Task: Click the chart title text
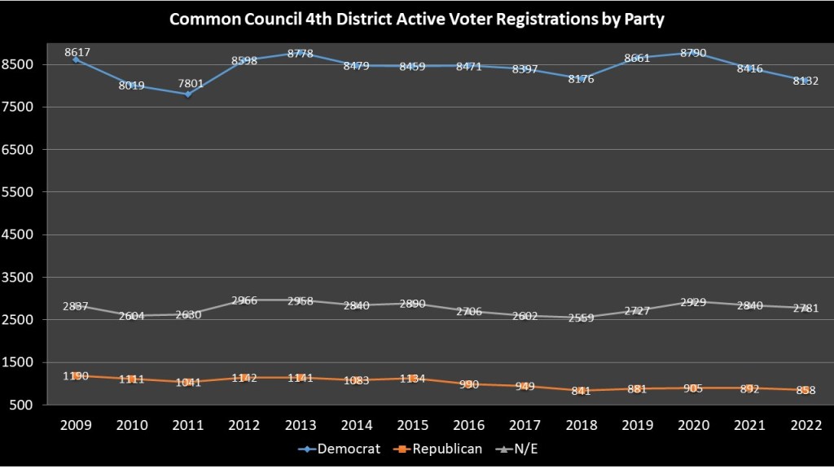tap(416, 19)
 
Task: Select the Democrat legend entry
tap(345, 449)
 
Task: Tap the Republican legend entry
tap(440, 449)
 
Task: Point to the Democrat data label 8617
tap(77, 52)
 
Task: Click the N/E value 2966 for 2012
tap(244, 300)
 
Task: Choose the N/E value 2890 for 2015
tap(413, 304)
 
